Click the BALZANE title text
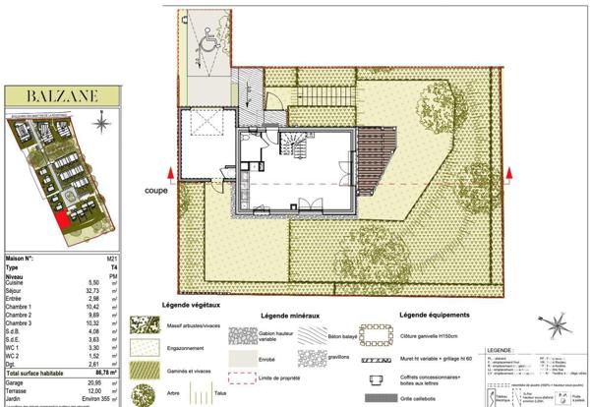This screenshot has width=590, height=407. coord(63,95)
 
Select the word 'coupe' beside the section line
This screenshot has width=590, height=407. coord(155,190)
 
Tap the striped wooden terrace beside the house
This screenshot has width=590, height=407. coord(375,162)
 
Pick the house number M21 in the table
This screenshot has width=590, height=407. coord(96,258)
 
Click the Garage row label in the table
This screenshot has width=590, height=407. coord(17,382)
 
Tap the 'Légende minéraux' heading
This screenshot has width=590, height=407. coord(290,315)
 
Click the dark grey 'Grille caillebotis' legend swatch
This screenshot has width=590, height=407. coord(374,398)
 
